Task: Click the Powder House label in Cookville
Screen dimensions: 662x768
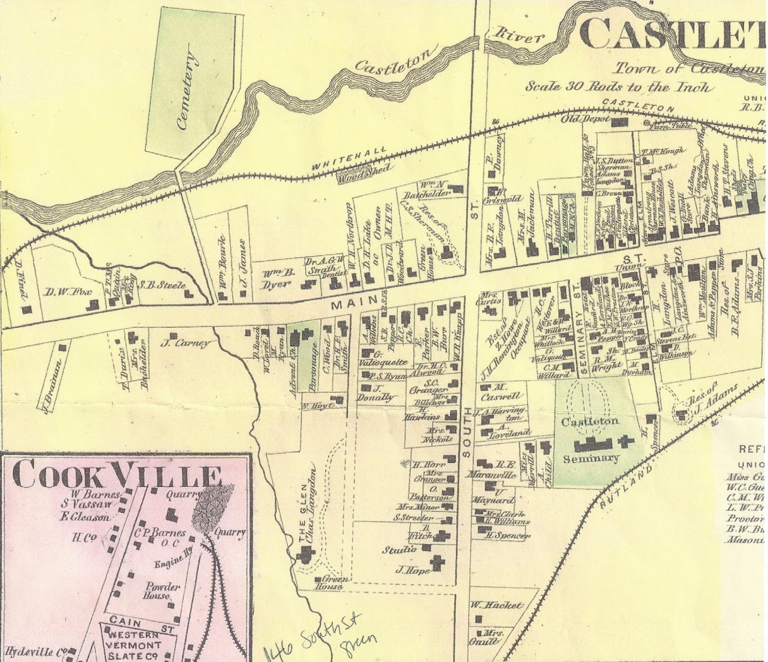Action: [163, 591]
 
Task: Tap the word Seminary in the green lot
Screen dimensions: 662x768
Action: [591, 458]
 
